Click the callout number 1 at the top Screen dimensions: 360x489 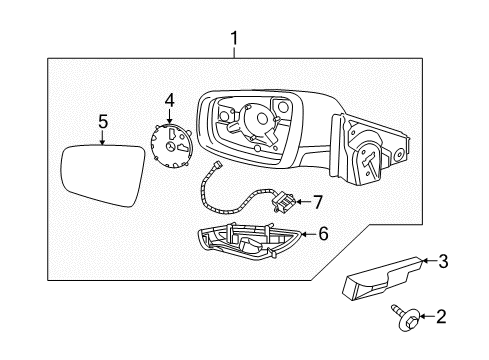coord(234,39)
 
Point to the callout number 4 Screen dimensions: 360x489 coord(170,99)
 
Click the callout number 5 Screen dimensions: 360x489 coord(102,122)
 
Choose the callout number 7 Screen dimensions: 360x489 coord(319,202)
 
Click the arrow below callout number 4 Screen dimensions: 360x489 coord(168,114)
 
